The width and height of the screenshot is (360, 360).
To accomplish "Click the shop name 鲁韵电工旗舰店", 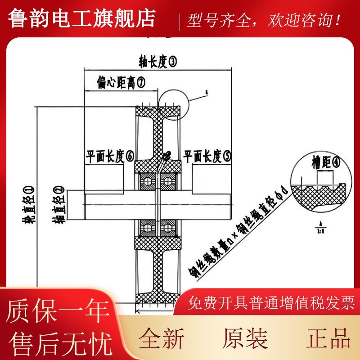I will [x=82, y=18].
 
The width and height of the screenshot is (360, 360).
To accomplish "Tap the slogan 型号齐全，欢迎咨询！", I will [x=264, y=21].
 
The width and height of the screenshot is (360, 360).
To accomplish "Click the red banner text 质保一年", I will [x=58, y=311].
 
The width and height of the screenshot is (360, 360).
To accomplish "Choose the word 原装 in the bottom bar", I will [x=245, y=338].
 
